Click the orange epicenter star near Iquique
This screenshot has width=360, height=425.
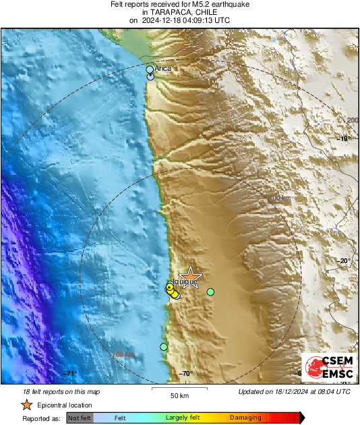[191, 276]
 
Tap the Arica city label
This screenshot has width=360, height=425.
[163, 69]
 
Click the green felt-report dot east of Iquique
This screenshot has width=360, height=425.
[210, 292]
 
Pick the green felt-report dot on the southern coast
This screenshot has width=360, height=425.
[163, 347]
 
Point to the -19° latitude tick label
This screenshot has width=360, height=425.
[344, 139]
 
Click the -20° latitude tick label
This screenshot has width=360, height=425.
[344, 261]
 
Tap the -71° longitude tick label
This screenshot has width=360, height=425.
[70, 374]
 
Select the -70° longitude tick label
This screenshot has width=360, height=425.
[185, 374]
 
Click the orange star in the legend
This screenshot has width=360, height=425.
[26, 405]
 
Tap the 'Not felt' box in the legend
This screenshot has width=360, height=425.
[80, 418]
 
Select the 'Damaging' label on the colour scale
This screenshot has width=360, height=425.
[241, 418]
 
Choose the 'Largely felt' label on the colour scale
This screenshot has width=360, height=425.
[181, 418]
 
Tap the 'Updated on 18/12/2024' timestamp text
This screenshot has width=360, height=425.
[295, 391]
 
